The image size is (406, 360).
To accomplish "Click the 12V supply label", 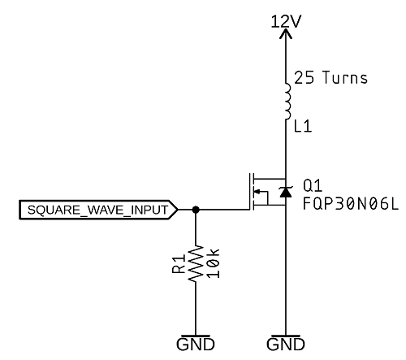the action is [286, 21].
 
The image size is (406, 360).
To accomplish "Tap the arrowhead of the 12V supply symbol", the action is [286, 33].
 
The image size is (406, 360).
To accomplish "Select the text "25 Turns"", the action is [330, 77].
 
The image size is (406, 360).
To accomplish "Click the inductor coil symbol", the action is [287, 102].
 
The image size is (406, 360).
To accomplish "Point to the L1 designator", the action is [303, 127].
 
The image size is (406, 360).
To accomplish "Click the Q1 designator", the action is [313, 186].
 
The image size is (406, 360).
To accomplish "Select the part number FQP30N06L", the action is [351, 204].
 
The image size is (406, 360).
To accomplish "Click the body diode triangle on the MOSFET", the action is [286, 192].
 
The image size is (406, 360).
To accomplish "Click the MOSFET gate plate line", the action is [249, 192].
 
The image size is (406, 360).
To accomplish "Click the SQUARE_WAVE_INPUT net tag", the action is [98, 210].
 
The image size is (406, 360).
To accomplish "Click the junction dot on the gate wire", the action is [196, 210].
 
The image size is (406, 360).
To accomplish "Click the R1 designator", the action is [179, 263].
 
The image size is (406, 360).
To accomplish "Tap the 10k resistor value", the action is [213, 263].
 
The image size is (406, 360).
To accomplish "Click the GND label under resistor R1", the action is [196, 345].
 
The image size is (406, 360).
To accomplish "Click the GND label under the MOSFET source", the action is [286, 345].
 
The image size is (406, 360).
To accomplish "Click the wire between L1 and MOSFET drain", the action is [286, 149].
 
